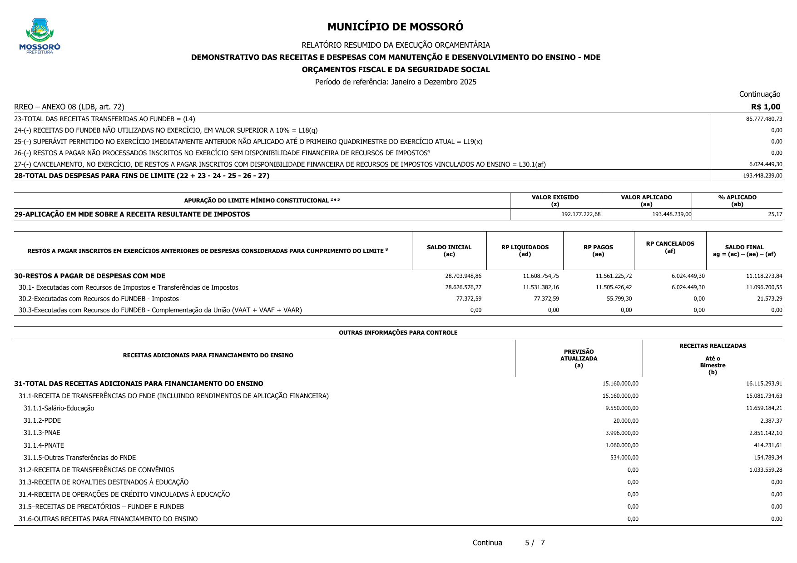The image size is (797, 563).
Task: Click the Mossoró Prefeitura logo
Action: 40,36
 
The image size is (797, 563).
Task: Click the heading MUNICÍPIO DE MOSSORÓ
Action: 395,27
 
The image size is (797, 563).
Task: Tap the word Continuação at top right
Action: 759,94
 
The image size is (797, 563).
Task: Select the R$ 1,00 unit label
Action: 765,107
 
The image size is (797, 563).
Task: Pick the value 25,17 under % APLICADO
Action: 775,214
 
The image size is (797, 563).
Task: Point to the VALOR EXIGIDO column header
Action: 555,200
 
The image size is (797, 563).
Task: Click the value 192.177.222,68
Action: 581,214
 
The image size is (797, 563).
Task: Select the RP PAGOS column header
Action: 598,251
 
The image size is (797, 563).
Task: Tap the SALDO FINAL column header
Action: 744,251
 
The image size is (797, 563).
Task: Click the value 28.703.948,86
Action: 463,276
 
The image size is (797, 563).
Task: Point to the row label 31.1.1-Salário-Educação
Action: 59,408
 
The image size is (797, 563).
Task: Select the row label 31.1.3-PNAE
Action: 42,433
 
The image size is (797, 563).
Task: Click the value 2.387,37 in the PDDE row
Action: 771,420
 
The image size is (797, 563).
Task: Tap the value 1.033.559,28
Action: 766,470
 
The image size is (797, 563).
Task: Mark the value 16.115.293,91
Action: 764,384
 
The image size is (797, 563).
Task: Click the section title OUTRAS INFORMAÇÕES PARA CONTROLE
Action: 398,333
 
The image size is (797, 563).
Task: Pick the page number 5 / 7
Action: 535,543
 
